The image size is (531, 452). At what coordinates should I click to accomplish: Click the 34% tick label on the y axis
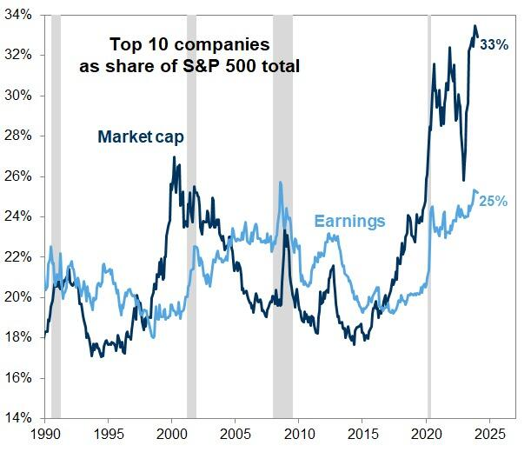[19, 15]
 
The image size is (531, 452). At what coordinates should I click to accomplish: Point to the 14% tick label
[19, 418]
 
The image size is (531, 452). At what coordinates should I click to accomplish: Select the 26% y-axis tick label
[19, 176]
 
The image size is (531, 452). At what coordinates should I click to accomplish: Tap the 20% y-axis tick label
[19, 297]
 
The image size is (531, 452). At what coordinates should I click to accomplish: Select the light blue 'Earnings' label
[350, 221]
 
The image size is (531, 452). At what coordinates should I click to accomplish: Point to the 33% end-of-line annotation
[494, 43]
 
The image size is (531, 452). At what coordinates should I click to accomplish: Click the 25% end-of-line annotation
[494, 201]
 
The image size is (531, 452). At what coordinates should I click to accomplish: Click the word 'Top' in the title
[123, 44]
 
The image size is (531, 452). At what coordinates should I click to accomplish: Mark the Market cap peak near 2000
[174, 158]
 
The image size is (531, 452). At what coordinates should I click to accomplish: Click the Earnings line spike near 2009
[280, 183]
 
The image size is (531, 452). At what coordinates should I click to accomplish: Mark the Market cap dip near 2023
[464, 179]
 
